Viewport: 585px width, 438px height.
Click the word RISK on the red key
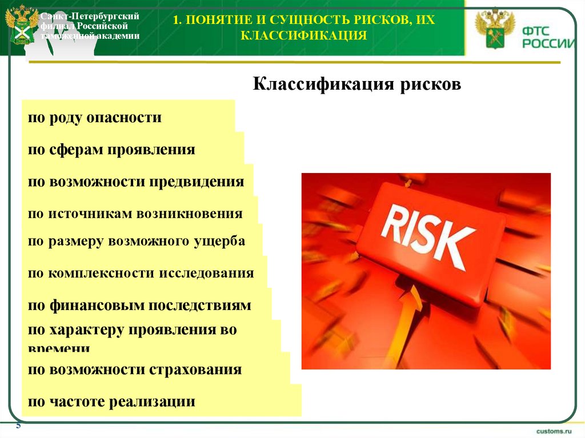[428, 231]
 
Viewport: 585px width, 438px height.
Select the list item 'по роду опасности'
[94, 118]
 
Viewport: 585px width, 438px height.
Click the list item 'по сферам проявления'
[111, 150]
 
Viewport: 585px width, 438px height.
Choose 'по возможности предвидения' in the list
[136, 182]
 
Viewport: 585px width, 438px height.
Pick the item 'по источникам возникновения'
[135, 214]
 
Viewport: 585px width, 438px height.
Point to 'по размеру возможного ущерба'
[137, 242]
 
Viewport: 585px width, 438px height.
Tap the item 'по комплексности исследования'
[141, 274]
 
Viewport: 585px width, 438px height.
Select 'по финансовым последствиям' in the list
[139, 306]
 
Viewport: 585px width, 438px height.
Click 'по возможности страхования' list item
[135, 369]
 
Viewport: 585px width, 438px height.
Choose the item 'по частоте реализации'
[111, 401]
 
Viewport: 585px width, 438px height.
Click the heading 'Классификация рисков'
[356, 85]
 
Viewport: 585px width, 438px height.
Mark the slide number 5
[18, 426]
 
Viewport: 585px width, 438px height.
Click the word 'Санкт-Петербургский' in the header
[90, 17]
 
